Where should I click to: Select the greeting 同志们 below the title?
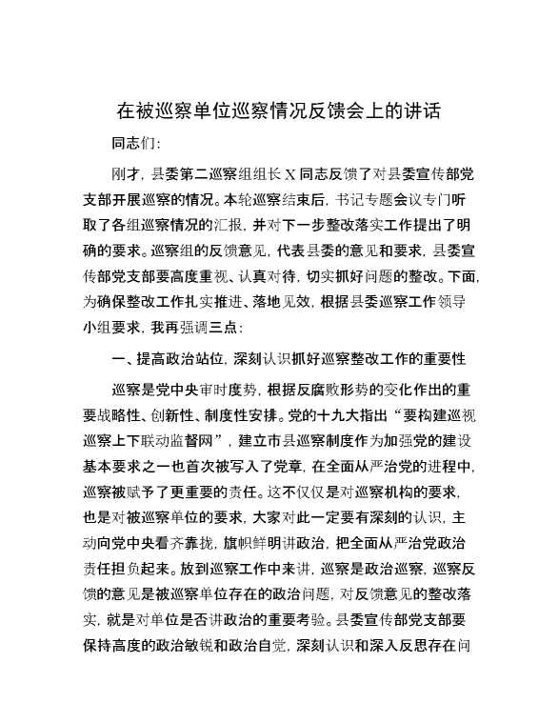click(130, 145)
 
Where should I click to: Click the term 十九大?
click(353, 415)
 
